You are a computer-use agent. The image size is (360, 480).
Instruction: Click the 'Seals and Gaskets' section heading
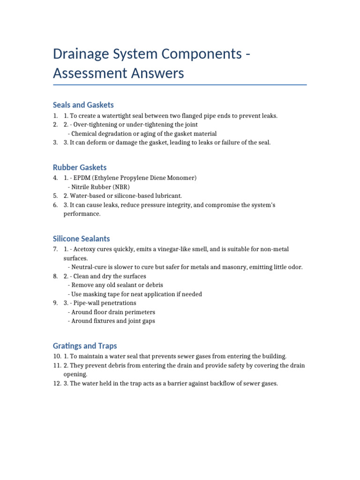pyautogui.click(x=83, y=105)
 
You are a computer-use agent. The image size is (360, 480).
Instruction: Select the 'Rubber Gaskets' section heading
pyautogui.click(x=80, y=167)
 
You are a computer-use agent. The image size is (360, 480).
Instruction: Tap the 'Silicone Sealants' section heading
pyautogui.click(x=82, y=239)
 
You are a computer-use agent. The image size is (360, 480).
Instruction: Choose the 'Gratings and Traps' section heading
pyautogui.click(x=85, y=346)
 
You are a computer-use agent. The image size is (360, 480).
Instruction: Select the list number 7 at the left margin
pyautogui.click(x=55, y=249)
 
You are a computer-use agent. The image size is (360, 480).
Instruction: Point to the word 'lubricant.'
pyautogui.click(x=167, y=195)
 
